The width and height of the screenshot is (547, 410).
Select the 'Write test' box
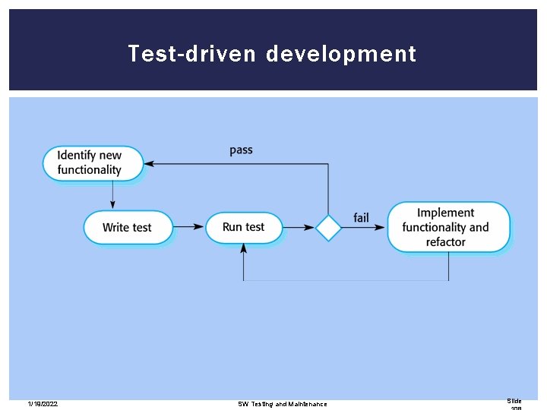coord(128,227)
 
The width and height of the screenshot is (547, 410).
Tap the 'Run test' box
coord(244,227)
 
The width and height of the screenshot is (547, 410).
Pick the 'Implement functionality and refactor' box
coord(448,227)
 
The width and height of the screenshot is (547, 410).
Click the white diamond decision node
coord(328,227)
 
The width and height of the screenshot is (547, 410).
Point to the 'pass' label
coord(241,150)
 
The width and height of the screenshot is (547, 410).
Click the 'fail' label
coord(362,218)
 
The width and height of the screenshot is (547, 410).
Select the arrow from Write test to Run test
coord(189,227)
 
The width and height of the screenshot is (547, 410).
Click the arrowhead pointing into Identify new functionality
coord(150,163)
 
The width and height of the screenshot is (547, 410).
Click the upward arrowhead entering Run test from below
coord(244,248)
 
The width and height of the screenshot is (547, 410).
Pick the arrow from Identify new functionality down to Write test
coord(113,195)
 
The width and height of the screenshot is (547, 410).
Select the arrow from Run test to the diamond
coord(299,227)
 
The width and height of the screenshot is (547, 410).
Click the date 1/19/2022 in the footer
coord(43,404)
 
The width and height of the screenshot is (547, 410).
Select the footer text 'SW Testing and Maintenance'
coord(283,404)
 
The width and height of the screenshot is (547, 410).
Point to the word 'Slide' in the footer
coord(515,400)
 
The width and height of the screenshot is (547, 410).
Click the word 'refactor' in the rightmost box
coord(446,242)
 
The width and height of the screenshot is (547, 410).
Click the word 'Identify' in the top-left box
coord(80,155)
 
